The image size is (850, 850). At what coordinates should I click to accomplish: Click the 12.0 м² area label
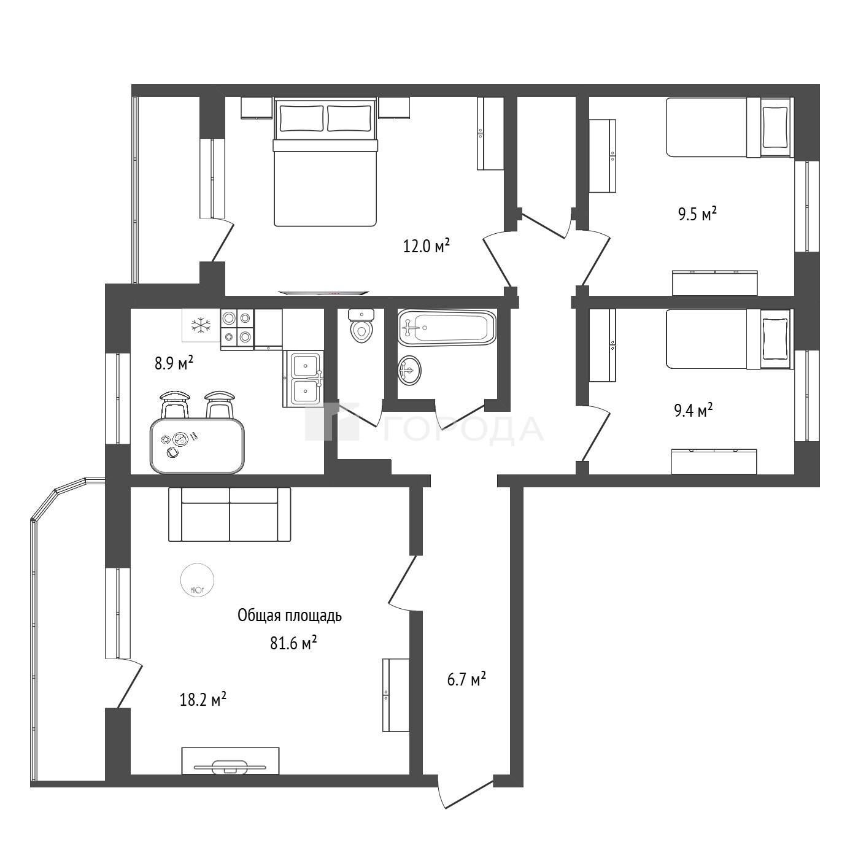click(426, 245)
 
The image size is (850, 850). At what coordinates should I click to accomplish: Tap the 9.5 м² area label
click(697, 214)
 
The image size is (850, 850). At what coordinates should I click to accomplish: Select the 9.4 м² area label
click(694, 410)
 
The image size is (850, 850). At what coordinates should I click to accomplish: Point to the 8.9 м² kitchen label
click(174, 363)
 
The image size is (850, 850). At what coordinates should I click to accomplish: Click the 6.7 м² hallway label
click(466, 679)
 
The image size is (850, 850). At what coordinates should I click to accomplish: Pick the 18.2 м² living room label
click(203, 699)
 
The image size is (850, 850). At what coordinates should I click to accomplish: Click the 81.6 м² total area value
click(294, 643)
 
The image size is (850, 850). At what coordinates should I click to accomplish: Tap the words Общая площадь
click(290, 616)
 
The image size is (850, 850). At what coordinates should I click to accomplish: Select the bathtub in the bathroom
click(447, 327)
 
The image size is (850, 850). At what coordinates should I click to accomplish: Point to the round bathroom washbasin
click(409, 371)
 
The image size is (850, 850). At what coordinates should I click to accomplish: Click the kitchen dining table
click(197, 445)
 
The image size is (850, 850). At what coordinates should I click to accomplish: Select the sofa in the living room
click(230, 514)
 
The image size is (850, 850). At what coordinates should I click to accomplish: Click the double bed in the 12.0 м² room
click(325, 162)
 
